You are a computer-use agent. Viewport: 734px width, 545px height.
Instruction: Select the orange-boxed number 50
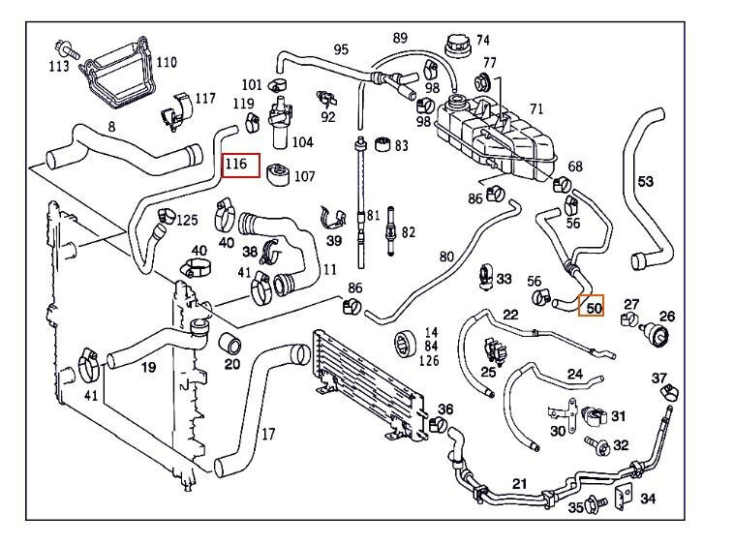pyautogui.click(x=591, y=308)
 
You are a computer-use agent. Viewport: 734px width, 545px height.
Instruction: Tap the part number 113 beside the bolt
pyautogui.click(x=59, y=66)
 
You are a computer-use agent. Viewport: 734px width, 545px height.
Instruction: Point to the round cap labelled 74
pyautogui.click(x=455, y=45)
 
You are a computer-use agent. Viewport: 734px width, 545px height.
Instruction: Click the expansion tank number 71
pyautogui.click(x=536, y=109)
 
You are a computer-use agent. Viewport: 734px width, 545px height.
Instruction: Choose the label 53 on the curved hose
pyautogui.click(x=646, y=181)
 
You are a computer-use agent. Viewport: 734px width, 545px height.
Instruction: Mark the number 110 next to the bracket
pyautogui.click(x=166, y=62)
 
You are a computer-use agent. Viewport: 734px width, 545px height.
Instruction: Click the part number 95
pyautogui.click(x=341, y=49)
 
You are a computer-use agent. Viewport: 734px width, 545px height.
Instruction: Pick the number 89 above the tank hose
pyautogui.click(x=400, y=38)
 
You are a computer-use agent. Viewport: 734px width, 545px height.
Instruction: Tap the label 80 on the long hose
pyautogui.click(x=445, y=257)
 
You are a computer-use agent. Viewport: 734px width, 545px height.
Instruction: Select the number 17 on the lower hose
pyautogui.click(x=268, y=435)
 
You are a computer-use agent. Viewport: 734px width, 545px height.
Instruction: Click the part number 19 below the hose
pyautogui.click(x=148, y=367)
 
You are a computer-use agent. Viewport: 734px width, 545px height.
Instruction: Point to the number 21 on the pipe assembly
pyautogui.click(x=519, y=484)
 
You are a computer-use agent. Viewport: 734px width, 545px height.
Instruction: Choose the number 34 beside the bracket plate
pyautogui.click(x=648, y=499)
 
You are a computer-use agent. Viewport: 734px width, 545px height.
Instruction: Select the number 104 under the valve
pyautogui.click(x=302, y=142)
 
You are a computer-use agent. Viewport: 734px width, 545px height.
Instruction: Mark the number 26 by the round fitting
pyautogui.click(x=667, y=316)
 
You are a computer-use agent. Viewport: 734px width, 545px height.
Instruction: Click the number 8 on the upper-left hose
pyautogui.click(x=111, y=127)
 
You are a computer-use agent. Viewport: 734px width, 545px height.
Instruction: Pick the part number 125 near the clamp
pyautogui.click(x=186, y=222)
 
